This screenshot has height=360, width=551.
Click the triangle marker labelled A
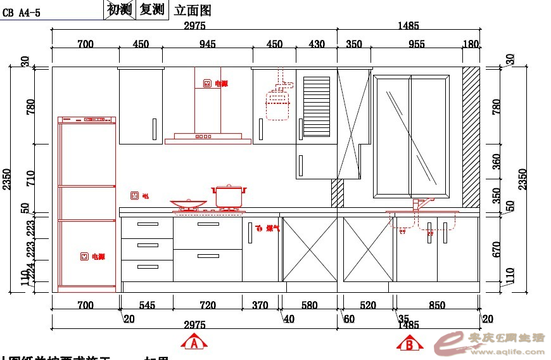pos(195,344)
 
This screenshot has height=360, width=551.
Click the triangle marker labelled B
pos(410,344)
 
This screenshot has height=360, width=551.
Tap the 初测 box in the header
pos(120,9)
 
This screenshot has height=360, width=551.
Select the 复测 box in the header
pos(152,9)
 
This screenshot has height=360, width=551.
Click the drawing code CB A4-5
pos(22,12)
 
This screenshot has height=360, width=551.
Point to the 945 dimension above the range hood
pos(208,44)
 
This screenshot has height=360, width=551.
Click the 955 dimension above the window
pos(416,44)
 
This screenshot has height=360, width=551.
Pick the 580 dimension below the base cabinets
pos(309,305)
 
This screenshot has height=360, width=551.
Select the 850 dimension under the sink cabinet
pos(437,305)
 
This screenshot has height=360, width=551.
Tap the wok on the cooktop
pos(187,205)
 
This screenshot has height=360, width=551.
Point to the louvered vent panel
pos(317,106)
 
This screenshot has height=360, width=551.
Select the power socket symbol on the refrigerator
pos(84,257)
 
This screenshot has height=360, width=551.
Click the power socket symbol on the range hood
pos(207,83)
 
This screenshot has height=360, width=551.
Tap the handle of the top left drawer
pos(148,224)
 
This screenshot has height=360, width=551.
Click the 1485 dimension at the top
pos(408,26)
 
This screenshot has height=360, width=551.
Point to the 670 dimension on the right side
pos(497,249)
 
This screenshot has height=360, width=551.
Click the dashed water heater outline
pos(277,105)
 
